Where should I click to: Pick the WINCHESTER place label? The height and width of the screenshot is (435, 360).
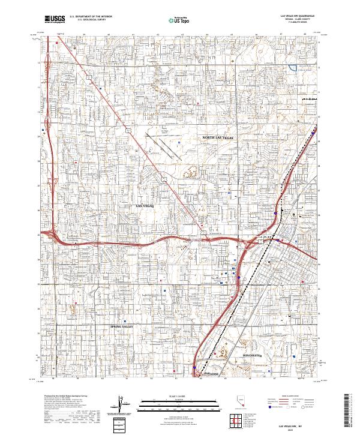click(254, 355)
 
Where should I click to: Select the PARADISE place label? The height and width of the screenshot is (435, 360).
click(212, 373)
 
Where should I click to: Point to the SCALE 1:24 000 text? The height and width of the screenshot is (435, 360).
click(179, 395)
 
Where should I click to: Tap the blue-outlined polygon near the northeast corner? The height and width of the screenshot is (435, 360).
click(293, 68)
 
